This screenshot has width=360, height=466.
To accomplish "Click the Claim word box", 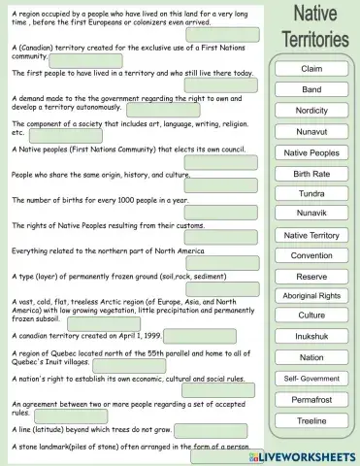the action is click(311, 69).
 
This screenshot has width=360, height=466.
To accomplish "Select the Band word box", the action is click(311, 89).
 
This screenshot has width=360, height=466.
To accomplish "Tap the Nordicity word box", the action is click(311, 111).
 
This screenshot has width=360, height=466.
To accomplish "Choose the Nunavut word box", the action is click(311, 131).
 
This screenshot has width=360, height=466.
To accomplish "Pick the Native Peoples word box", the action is click(311, 152).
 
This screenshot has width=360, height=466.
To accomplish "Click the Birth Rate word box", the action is click(311, 173).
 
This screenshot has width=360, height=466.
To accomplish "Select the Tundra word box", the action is click(311, 193).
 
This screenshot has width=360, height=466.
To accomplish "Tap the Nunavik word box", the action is click(311, 214).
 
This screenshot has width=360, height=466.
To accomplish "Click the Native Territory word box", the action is click(311, 235).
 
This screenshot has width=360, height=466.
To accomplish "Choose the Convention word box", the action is click(311, 255).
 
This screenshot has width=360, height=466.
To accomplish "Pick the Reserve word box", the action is click(311, 276).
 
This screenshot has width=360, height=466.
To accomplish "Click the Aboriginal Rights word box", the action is click(311, 295).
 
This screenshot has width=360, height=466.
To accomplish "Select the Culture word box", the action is click(311, 316).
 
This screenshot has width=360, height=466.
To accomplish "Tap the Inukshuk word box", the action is click(311, 337).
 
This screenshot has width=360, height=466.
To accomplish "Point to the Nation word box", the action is click(311, 357).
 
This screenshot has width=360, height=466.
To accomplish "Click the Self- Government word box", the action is click(311, 378).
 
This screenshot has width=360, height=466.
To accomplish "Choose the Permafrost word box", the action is click(311, 399).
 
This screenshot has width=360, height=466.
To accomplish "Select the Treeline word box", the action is click(311, 420).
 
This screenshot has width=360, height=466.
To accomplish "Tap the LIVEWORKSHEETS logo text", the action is click(310, 454).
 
